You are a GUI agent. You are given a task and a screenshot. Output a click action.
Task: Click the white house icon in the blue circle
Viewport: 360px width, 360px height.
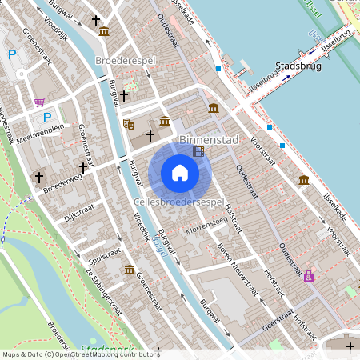click(180, 173)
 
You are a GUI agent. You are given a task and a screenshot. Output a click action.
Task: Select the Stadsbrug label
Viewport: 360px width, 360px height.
click(298, 66)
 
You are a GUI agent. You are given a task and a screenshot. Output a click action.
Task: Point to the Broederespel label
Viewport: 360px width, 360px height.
click(125, 61)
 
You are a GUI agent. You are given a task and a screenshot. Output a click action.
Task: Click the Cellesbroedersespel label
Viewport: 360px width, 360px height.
click(179, 203)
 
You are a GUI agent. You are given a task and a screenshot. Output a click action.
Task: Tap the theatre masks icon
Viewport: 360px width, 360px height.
click(129, 124)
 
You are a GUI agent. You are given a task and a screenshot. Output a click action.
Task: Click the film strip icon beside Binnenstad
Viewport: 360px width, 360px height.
click(198, 150)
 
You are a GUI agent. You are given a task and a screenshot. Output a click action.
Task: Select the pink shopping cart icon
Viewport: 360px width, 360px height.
click(40, 102)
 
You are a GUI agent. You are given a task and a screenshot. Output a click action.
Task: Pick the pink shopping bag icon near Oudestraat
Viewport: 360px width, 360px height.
click(309, 276)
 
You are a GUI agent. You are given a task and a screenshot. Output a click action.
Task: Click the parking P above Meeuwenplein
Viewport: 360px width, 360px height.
click(36, 117)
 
